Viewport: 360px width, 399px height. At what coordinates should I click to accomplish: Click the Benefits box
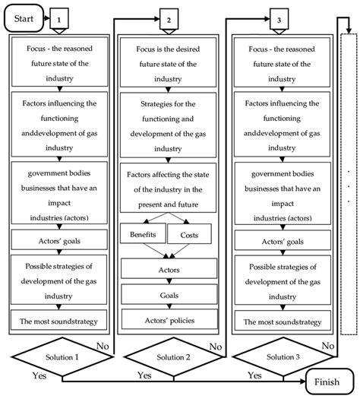click(x=142, y=236)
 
